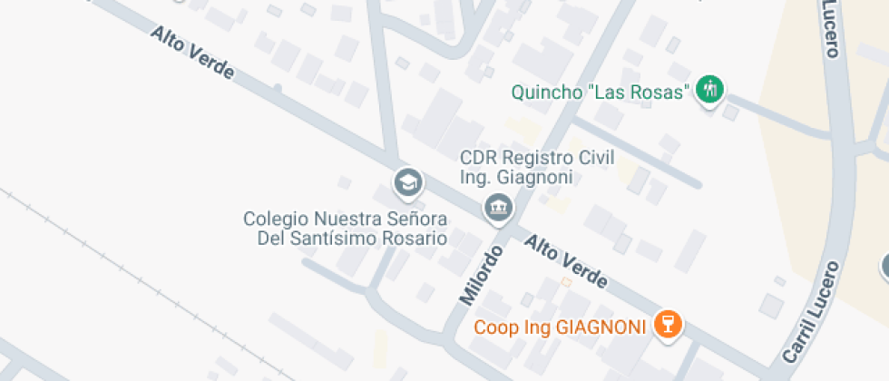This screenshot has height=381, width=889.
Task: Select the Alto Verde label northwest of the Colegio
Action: [192, 53]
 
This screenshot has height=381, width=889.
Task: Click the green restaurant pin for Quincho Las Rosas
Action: [709, 89]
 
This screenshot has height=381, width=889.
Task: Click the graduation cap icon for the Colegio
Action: [408, 184]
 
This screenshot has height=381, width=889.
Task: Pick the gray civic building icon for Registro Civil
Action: [498, 208]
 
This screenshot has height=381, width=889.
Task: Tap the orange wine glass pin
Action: [669, 324]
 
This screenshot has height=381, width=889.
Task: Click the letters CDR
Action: [477, 158]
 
